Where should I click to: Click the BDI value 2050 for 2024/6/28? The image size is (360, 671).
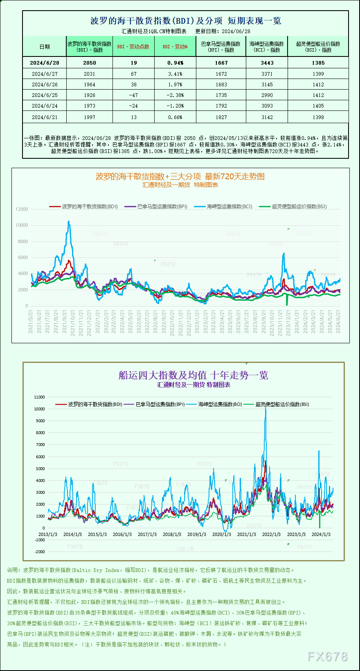[89, 63]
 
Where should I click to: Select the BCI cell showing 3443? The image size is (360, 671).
[267, 63]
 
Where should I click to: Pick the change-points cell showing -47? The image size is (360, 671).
[133, 95]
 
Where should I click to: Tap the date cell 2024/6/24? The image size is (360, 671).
[45, 106]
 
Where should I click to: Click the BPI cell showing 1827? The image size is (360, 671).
[221, 117]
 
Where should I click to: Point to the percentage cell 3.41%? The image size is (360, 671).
[175, 74]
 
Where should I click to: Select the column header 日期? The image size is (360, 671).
[45, 47]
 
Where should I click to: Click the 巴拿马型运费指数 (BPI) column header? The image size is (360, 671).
[221, 47]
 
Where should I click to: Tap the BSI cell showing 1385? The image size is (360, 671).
[318, 63]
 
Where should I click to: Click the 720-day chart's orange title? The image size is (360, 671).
[180, 176]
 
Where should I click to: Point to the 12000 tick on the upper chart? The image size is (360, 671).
[22, 209]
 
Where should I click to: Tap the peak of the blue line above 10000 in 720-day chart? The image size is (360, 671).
[69, 222]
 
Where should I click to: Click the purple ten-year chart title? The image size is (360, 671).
[193, 375]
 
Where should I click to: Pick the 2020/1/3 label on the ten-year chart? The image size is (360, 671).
[221, 534]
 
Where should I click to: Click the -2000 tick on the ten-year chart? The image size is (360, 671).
[40, 552]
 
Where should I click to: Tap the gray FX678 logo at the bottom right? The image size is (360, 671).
[327, 657]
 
